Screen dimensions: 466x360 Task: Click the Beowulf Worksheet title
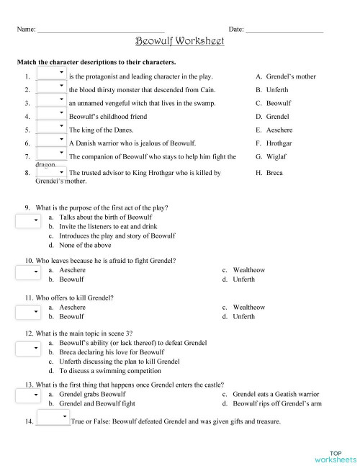coord(180,41)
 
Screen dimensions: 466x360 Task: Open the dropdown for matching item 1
coord(51,75)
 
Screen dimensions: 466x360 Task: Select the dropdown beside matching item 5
coord(51,130)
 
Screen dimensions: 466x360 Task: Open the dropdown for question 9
coord(27,221)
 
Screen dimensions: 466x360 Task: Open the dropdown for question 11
coord(27,312)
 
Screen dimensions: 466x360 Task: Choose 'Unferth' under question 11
coord(243,316)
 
